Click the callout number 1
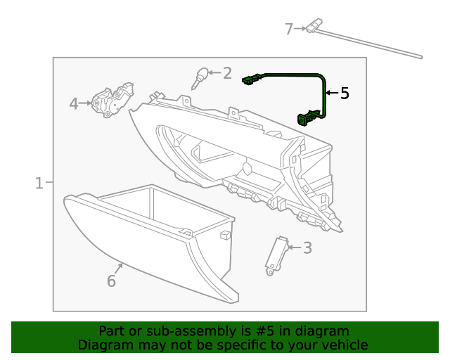click(x=39, y=184)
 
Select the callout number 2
click(x=226, y=72)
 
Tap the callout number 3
click(x=307, y=247)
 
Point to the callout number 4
click(x=74, y=104)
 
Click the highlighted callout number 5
click(x=344, y=94)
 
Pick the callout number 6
click(x=111, y=281)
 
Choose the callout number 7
click(x=288, y=29)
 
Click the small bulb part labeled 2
click(x=201, y=76)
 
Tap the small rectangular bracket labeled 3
click(x=277, y=253)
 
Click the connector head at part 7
click(x=314, y=27)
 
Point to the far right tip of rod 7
click(x=420, y=56)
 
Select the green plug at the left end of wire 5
click(x=250, y=79)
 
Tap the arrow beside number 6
click(x=120, y=267)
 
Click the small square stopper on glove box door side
click(x=225, y=235)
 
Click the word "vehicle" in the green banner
click(x=344, y=345)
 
